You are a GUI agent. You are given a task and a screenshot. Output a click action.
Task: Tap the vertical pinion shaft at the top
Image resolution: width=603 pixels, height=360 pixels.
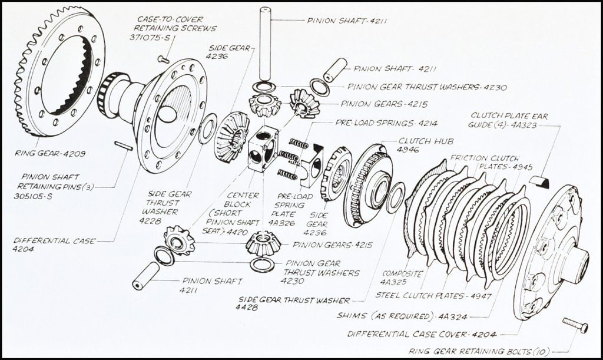coord(265,44)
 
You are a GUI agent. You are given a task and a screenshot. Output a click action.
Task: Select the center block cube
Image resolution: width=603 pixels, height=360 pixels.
coord(262,148)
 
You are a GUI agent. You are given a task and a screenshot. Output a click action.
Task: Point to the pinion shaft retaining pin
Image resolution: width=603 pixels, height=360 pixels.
coord(123,146)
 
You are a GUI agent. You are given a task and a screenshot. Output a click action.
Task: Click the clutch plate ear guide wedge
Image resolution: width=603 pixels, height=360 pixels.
coord(539,182)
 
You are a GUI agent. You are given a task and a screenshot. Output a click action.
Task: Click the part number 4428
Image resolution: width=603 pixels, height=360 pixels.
coord(247,308)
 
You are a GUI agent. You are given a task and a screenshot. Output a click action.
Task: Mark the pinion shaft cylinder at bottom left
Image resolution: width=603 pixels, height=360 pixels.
coord(146,276)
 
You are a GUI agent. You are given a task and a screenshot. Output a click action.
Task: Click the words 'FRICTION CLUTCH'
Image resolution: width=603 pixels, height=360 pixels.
coord(485,158)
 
